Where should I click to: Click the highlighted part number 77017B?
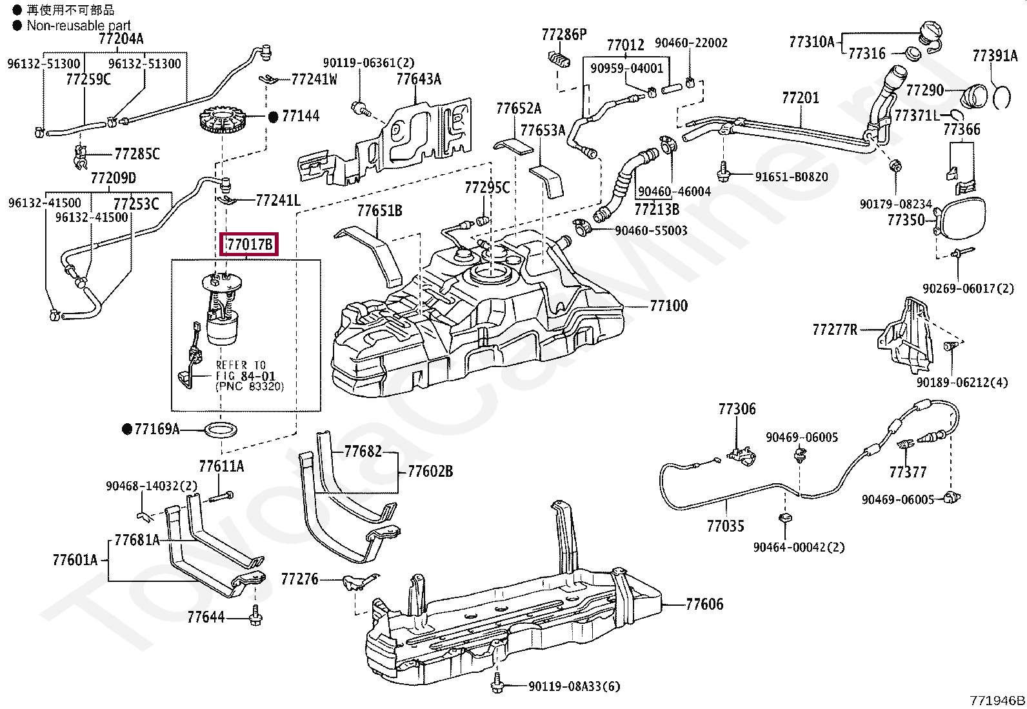(x=250, y=245)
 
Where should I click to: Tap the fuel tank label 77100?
(x=668, y=305)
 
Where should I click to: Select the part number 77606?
(x=704, y=604)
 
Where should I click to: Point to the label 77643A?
(x=419, y=79)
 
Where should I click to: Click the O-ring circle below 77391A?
(x=1001, y=95)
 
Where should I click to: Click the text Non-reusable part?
(x=79, y=26)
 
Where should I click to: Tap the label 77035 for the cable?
(x=725, y=526)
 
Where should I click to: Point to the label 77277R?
(x=835, y=330)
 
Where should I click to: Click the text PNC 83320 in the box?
(x=249, y=386)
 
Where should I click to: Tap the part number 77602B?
(x=430, y=472)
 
